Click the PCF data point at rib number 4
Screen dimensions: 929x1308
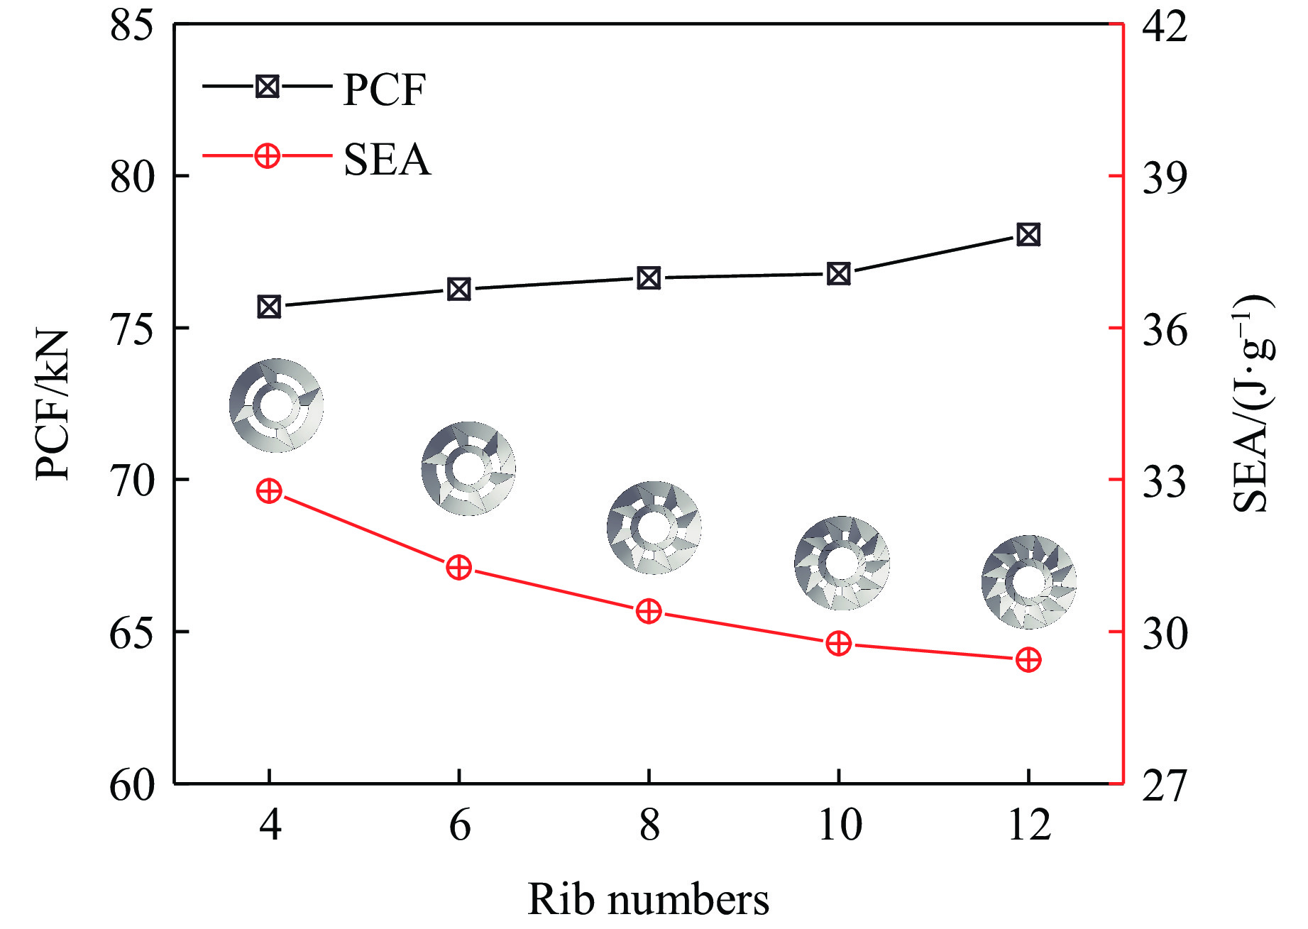[269, 307]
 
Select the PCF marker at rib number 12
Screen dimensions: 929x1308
[1028, 234]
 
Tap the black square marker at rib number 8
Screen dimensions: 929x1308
[649, 278]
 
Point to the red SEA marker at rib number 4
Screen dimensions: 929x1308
[269, 491]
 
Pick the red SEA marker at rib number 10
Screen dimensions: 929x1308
[839, 644]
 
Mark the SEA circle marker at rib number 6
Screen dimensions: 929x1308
[459, 568]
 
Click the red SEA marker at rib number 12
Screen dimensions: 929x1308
[1028, 660]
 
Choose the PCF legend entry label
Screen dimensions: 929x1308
[384, 90]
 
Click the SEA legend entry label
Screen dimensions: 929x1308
[387, 159]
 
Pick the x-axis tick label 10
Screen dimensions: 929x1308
[840, 825]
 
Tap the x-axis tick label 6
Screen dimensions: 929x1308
[460, 825]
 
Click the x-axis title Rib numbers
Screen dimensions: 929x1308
[648, 899]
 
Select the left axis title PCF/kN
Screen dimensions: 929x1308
[53, 405]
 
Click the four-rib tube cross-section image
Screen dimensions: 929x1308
[277, 406]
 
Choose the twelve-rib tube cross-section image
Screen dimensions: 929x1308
[1029, 582]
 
